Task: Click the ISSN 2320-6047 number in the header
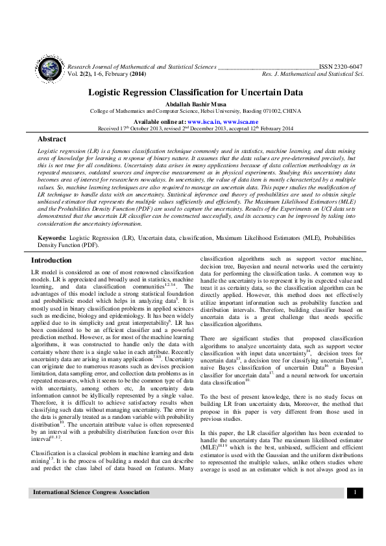pos(341,66)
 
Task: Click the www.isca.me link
pos(241,121)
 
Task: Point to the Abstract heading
pos(52,139)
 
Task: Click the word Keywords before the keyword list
pos(53,239)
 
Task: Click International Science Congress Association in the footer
pos(91,511)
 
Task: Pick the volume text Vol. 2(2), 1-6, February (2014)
pos(110,74)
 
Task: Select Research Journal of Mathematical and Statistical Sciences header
pos(141,66)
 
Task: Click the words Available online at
pos(159,121)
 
